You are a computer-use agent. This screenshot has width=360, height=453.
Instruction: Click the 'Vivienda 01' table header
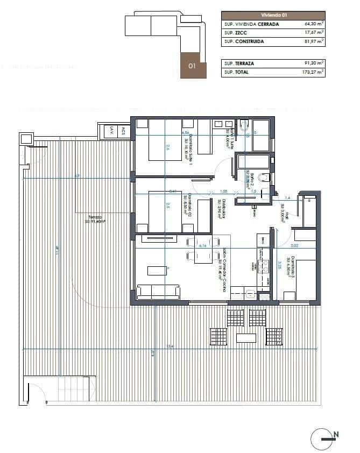pyautogui.click(x=273, y=16)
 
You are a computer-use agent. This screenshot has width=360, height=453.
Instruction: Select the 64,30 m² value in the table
pyautogui.click(x=314, y=24)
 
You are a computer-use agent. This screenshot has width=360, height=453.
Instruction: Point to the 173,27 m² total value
pyautogui.click(x=313, y=72)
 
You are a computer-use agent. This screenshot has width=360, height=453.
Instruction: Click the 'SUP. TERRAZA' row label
pyautogui.click(x=239, y=63)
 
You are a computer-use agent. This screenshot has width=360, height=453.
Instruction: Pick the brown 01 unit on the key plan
pyautogui.click(x=192, y=66)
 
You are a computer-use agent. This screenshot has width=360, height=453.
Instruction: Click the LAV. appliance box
pyautogui.click(x=111, y=130)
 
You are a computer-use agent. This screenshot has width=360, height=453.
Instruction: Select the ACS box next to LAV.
pyautogui.click(x=123, y=130)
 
